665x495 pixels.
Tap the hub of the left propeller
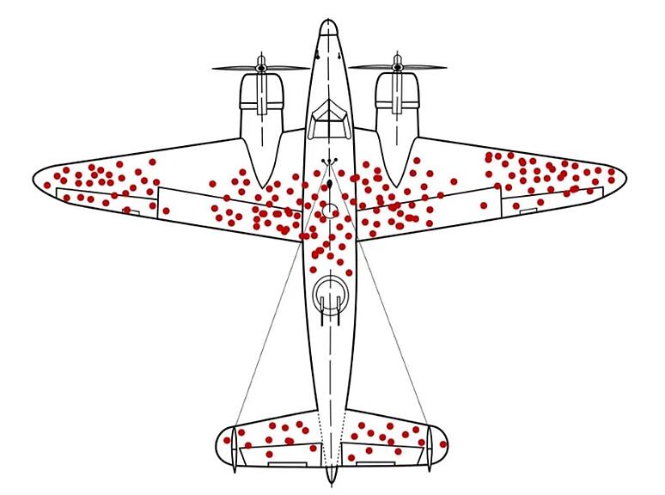[261, 66]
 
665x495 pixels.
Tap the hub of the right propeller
[397, 66]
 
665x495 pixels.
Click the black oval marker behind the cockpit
[330, 183]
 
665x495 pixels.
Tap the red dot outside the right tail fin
[443, 444]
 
